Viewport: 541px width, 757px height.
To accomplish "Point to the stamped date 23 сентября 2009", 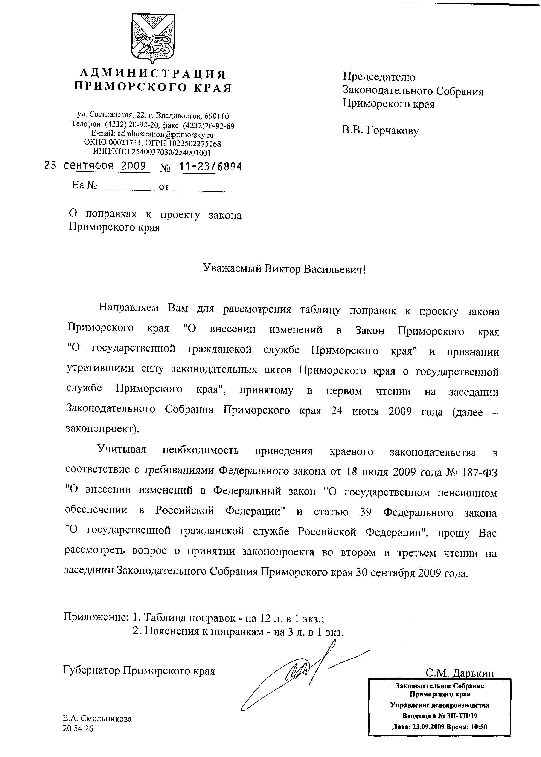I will pyautogui.click(x=95, y=166).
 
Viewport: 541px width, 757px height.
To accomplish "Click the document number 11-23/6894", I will pyautogui.click(x=210, y=166).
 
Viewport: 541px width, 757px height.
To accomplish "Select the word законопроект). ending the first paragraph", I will pyautogui.click(x=102, y=429).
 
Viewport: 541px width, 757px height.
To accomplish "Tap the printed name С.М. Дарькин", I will pyautogui.click(x=460, y=673).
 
